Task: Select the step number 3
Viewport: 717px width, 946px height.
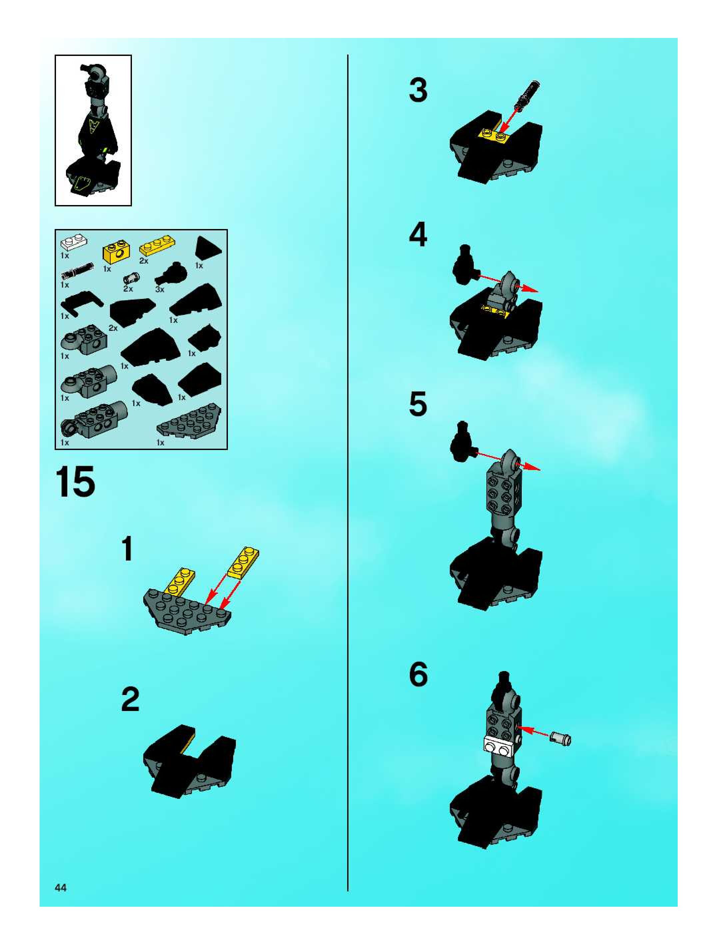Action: pyautogui.click(x=418, y=91)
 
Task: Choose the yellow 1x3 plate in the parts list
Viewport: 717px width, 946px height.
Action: pyautogui.click(x=157, y=248)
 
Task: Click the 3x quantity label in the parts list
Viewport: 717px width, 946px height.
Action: pyautogui.click(x=160, y=290)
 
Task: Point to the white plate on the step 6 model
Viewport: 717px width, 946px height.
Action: pyautogui.click(x=498, y=747)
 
